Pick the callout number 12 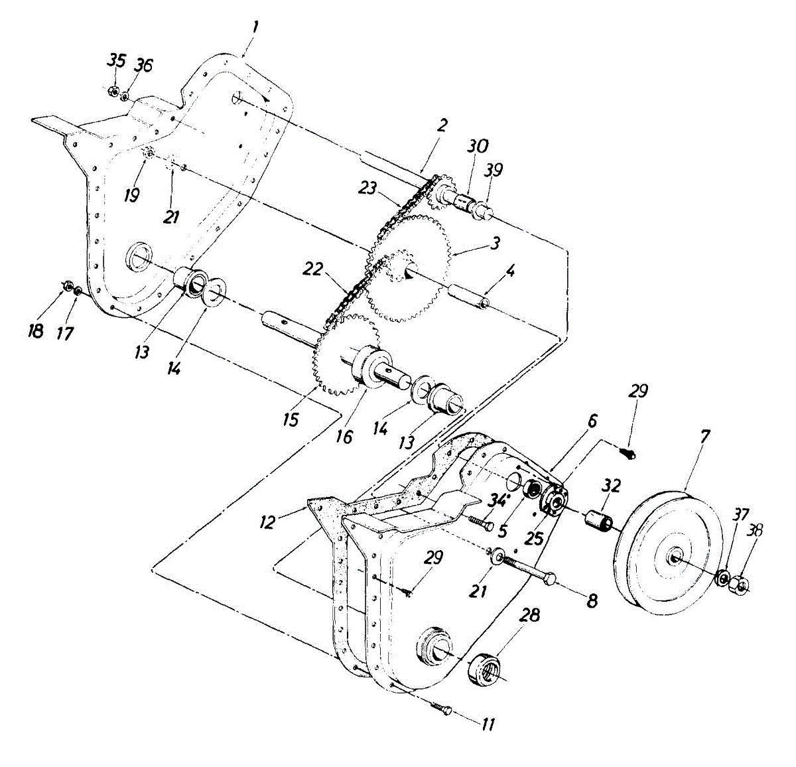click(x=267, y=522)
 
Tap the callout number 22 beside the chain click(x=313, y=269)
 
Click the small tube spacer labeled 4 click(x=469, y=296)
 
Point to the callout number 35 click(x=116, y=60)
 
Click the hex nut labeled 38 click(x=741, y=585)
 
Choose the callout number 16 click(x=344, y=436)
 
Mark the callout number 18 click(x=36, y=330)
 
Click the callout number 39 click(x=493, y=171)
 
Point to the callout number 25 click(x=533, y=537)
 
